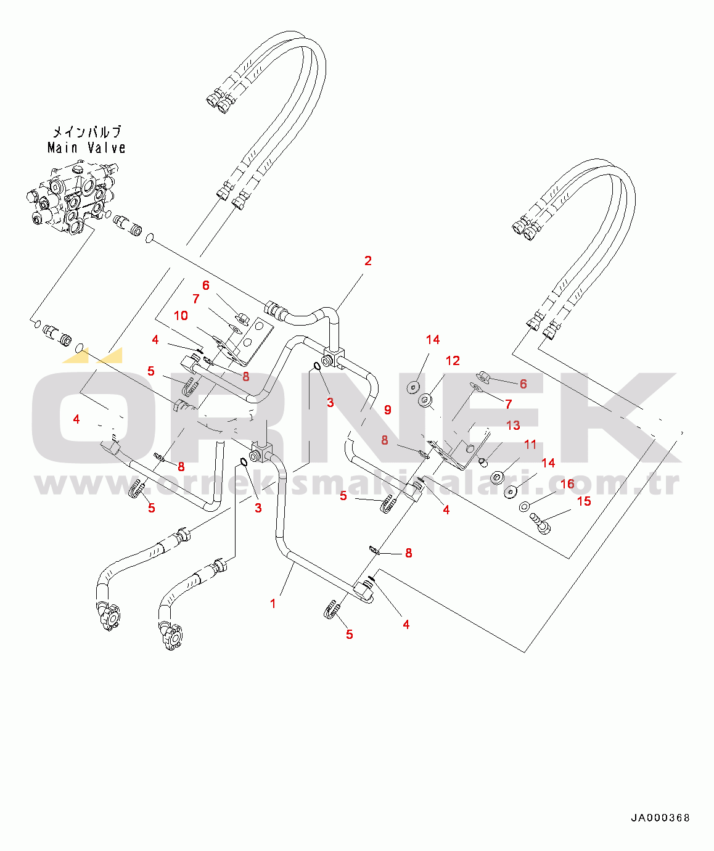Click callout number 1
(273, 604)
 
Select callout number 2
(368, 261)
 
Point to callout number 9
(387, 410)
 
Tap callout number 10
(181, 316)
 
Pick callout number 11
(530, 445)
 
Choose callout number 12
(453, 361)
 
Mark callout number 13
(513, 425)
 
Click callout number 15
(583, 501)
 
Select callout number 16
(567, 484)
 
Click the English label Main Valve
(86, 148)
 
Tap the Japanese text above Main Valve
(86, 131)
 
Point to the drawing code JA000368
(660, 818)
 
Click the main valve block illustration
(71, 197)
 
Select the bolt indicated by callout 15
(540, 524)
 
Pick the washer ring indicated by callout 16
(524, 506)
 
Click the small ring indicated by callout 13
(483, 462)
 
